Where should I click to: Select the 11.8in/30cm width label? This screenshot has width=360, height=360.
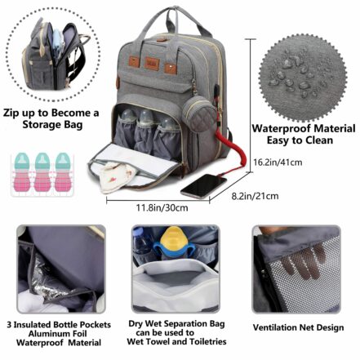tap(162, 207)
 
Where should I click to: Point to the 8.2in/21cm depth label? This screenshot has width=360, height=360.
tap(254, 195)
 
